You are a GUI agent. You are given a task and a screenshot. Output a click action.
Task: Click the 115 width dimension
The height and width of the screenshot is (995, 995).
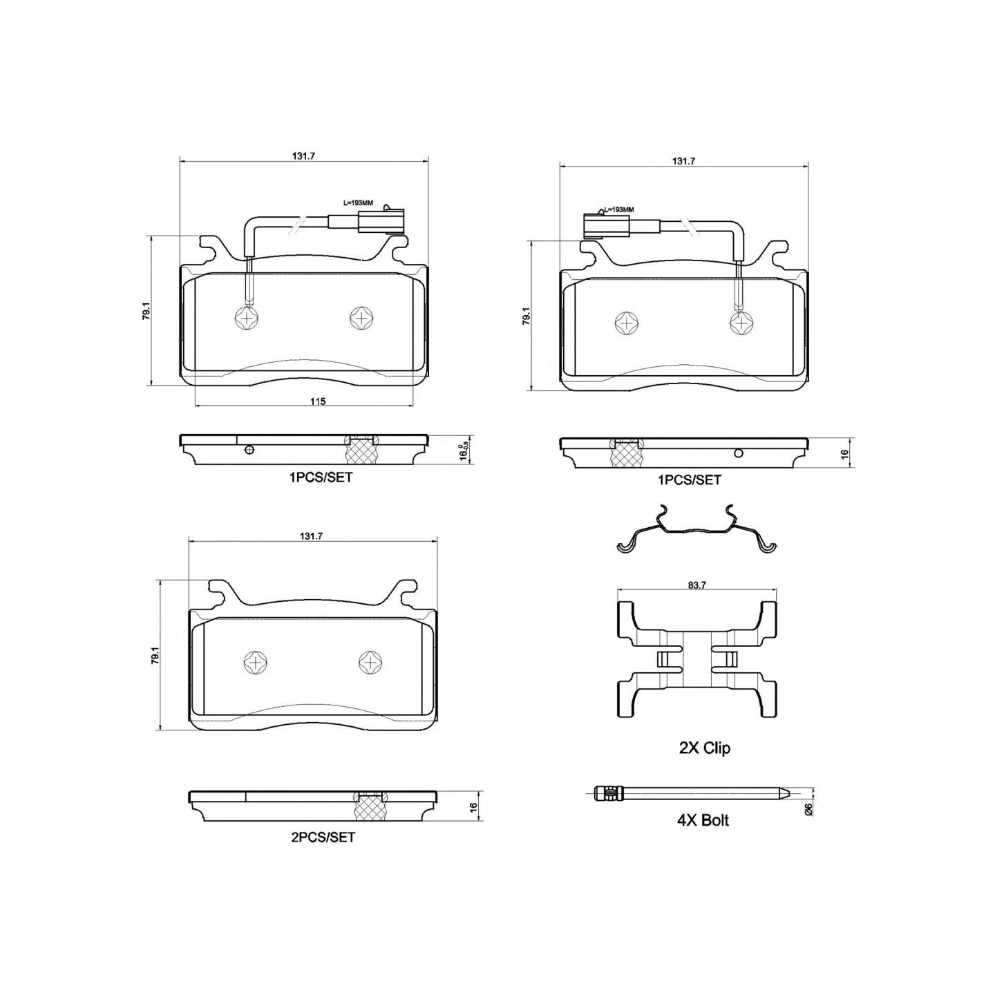318,401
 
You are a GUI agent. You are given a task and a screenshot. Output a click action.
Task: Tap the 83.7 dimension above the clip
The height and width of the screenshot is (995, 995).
696,585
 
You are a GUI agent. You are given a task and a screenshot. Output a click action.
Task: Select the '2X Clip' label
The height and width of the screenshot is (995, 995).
704,748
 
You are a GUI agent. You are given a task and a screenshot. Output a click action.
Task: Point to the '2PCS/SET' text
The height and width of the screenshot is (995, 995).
323,837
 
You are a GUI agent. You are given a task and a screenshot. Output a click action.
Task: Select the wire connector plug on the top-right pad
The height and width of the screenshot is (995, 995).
606,225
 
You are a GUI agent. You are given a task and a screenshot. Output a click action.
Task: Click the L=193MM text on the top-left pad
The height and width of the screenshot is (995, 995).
358,203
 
